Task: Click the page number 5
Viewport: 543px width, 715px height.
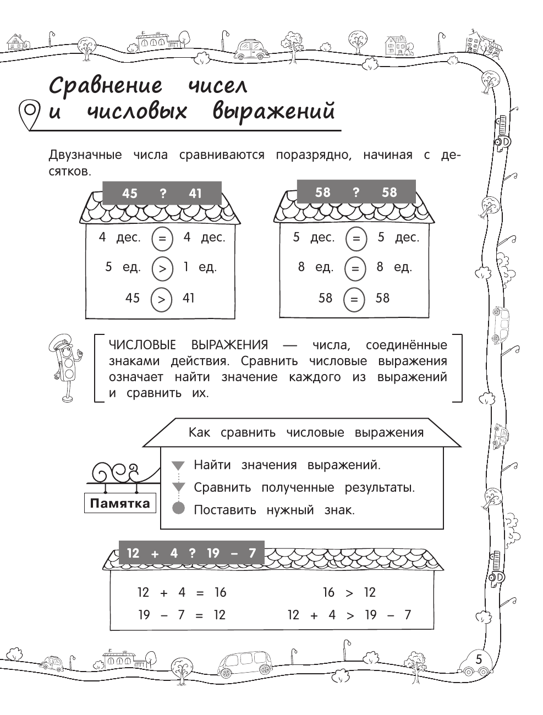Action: pyautogui.click(x=478, y=659)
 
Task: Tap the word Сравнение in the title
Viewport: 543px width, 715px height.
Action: pyautogui.click(x=106, y=86)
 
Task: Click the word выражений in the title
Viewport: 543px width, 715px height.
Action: pyautogui.click(x=273, y=112)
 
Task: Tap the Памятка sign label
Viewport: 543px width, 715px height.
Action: pyautogui.click(x=119, y=503)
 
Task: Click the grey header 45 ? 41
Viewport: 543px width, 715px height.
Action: pyautogui.click(x=162, y=194)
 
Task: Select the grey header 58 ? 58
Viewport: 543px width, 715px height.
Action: pyautogui.click(x=355, y=193)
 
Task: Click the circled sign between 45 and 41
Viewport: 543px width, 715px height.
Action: pyautogui.click(x=161, y=299)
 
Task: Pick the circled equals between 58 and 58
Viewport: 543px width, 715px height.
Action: pyautogui.click(x=354, y=299)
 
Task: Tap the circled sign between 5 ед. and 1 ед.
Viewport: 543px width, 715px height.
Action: pyautogui.click(x=162, y=268)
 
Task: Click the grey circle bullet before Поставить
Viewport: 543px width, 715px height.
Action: pyautogui.click(x=178, y=508)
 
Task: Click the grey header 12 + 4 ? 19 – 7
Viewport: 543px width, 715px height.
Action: pyautogui.click(x=191, y=553)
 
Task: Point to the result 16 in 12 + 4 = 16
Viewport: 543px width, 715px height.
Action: pyautogui.click(x=220, y=592)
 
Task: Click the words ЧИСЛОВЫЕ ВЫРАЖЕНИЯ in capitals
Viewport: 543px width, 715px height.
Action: pyautogui.click(x=189, y=345)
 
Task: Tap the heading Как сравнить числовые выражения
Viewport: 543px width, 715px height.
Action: pyautogui.click(x=306, y=432)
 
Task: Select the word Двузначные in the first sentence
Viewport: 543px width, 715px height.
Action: pyautogui.click(x=85, y=155)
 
